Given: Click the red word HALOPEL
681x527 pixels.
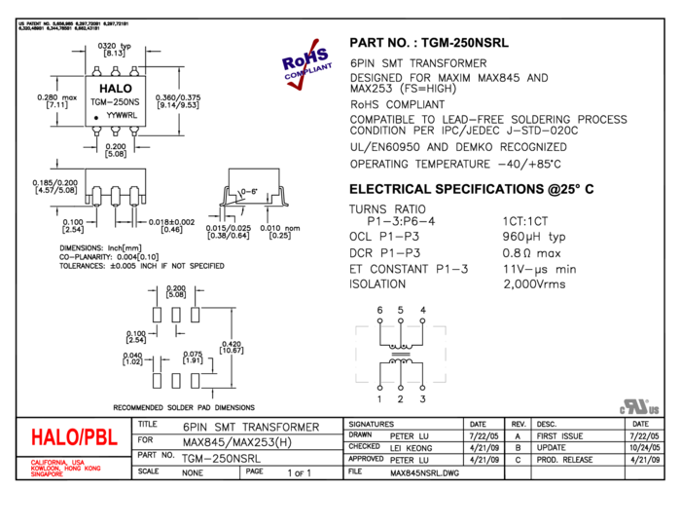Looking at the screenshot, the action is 74,437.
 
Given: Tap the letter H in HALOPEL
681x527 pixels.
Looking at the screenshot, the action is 37,437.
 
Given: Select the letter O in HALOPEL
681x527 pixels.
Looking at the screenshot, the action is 76,437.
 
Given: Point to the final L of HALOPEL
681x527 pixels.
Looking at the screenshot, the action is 113,437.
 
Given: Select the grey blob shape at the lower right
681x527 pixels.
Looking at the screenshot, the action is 639,407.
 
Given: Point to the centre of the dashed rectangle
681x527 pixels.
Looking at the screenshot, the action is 401,355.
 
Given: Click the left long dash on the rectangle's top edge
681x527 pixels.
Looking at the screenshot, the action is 388,326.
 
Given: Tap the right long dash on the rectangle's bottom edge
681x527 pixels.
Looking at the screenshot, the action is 413,382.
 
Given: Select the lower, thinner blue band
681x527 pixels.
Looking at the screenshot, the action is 309,71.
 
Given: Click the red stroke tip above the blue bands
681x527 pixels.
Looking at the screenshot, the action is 315,42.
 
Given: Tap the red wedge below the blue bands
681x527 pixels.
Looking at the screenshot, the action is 297,85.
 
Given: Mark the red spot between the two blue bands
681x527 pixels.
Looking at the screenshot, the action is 305,66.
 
